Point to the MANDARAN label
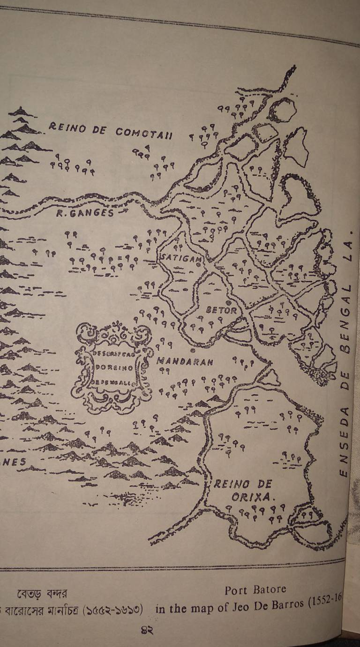pos(185,361)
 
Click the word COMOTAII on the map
pos(144,133)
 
